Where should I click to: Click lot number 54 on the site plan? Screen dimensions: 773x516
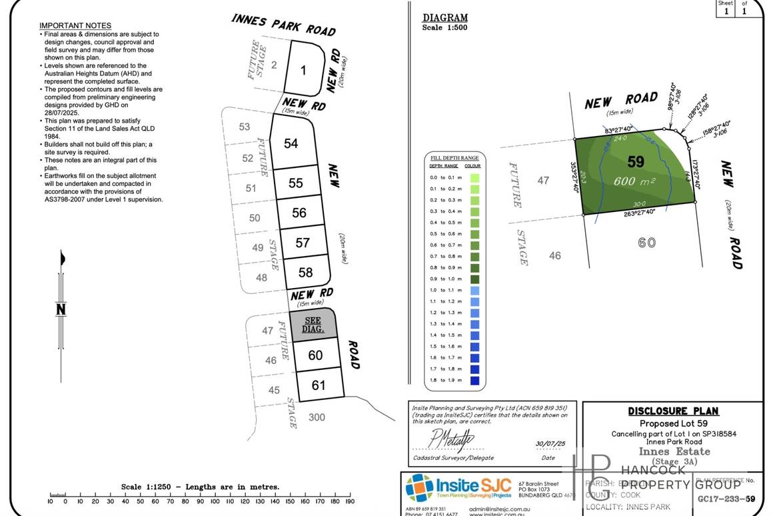tap(291, 143)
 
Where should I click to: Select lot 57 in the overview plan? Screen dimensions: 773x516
tap(303, 243)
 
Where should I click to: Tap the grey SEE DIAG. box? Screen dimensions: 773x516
tap(313, 325)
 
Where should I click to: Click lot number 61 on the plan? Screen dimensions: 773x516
tap(318, 385)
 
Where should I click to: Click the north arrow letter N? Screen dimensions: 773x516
tap(61, 309)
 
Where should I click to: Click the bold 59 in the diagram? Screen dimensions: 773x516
tap(636, 161)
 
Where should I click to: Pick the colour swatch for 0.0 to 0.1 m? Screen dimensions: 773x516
tap(474, 178)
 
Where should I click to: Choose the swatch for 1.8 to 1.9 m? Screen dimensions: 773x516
tap(474, 381)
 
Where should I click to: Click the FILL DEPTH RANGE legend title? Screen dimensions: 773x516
tap(454, 157)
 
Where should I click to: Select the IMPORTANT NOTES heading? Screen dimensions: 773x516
tap(75, 25)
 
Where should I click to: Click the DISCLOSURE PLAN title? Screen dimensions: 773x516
tap(673, 411)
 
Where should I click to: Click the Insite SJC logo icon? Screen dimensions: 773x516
tap(419, 487)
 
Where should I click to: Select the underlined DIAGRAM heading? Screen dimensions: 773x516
tap(445, 18)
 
